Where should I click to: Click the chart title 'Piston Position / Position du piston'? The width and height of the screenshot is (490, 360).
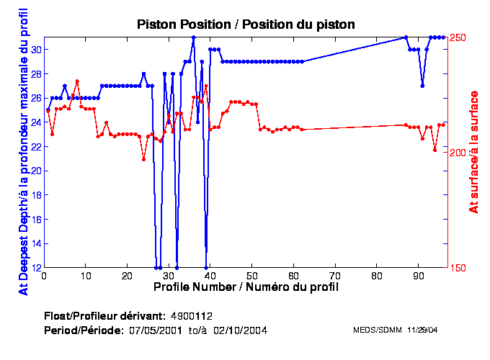click(x=246, y=24)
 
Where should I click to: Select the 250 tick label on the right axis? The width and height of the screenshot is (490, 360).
click(x=459, y=37)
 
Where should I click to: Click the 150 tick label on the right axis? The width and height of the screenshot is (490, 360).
click(x=459, y=268)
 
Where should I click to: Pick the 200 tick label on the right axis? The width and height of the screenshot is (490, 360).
click(x=459, y=153)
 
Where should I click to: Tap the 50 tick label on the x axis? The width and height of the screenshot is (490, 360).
click(x=252, y=276)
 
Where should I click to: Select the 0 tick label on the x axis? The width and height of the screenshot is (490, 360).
click(x=45, y=276)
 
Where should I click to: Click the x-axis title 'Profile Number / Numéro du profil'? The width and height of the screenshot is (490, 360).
click(x=246, y=287)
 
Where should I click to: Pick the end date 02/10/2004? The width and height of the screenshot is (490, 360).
click(x=244, y=330)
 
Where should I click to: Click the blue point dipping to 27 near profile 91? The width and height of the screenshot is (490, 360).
click(x=422, y=86)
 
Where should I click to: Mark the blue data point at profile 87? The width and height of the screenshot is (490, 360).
click(x=406, y=37)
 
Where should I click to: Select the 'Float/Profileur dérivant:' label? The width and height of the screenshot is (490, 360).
click(x=104, y=316)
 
